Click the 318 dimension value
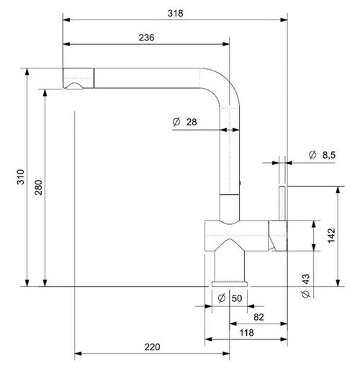175,13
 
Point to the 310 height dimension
21,177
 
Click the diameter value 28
192,123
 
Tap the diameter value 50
237,298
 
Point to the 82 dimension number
258,316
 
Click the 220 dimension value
152,347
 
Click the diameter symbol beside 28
176,123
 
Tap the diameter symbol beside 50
221,298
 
